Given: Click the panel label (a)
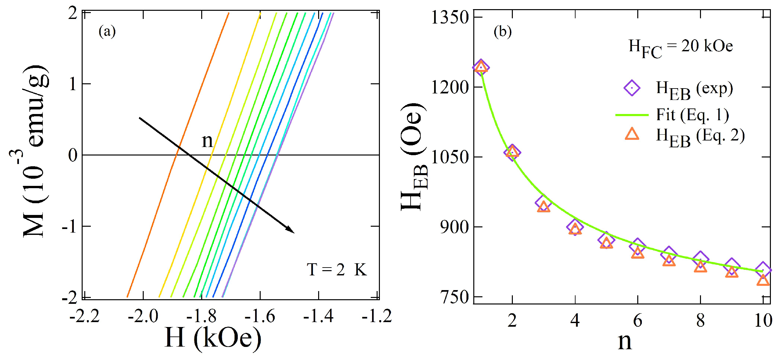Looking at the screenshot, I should pyautogui.click(x=107, y=32).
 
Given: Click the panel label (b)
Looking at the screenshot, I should pyautogui.click(x=502, y=32).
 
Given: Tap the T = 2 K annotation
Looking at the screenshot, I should pyautogui.click(x=337, y=270).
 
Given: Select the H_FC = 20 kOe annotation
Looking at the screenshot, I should pyautogui.click(x=680, y=47).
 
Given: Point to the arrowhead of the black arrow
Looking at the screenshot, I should pyautogui.click(x=291, y=230).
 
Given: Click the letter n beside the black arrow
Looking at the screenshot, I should pyautogui.click(x=207, y=141).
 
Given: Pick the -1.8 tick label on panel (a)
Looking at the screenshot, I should pyautogui.click(x=201, y=317).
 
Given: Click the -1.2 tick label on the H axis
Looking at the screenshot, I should pyautogui.click(x=377, y=317).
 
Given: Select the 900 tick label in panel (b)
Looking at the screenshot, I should pyautogui.click(x=454, y=227).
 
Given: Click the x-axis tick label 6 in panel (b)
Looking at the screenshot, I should pyautogui.click(x=638, y=321).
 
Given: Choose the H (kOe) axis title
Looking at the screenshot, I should pyautogui.click(x=213, y=338).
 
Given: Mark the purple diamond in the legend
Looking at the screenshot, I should pyautogui.click(x=632, y=88).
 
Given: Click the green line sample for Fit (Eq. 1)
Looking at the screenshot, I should pyautogui.click(x=632, y=115).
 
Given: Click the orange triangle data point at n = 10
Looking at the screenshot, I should pyautogui.click(x=763, y=280).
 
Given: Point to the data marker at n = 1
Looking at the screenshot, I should pyautogui.click(x=481, y=68).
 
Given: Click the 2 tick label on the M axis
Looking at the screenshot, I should pyautogui.click(x=73, y=14).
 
